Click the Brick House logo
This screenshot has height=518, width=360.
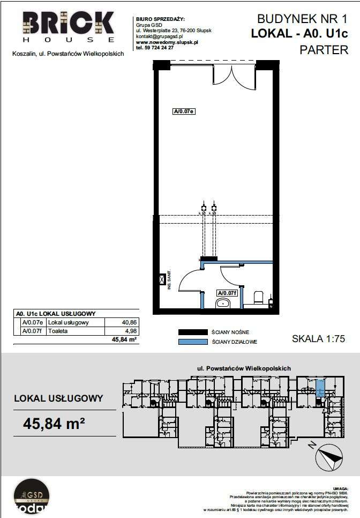pos(68,27)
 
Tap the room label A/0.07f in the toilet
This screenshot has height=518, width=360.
pos(227,293)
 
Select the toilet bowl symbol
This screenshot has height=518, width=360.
pos(258,298)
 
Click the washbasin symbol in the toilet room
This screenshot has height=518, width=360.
pos(223,304)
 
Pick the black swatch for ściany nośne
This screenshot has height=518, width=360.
pos(192,332)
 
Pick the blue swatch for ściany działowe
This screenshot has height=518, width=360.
pos(192,342)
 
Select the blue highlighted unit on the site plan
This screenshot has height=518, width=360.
pos(320,388)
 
